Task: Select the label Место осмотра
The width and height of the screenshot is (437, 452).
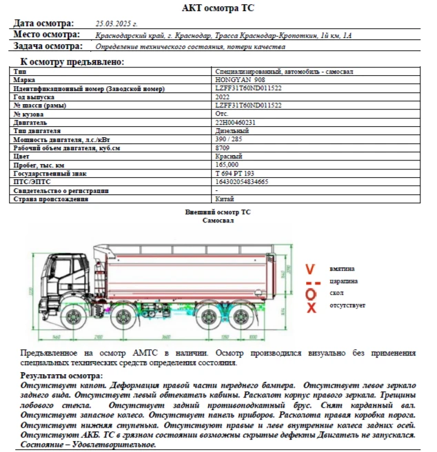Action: [x=47, y=34]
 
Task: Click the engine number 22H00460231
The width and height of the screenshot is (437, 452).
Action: [x=236, y=123]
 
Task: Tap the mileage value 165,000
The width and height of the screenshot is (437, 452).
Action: [x=227, y=165]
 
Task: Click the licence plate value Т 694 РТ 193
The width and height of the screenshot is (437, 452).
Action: [x=235, y=174]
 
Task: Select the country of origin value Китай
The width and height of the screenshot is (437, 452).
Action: [x=225, y=199]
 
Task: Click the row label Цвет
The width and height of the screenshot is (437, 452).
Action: [x=21, y=156]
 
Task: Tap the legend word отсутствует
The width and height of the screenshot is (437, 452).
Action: [x=347, y=305]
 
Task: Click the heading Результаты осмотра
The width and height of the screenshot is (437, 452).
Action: [x=61, y=376]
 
